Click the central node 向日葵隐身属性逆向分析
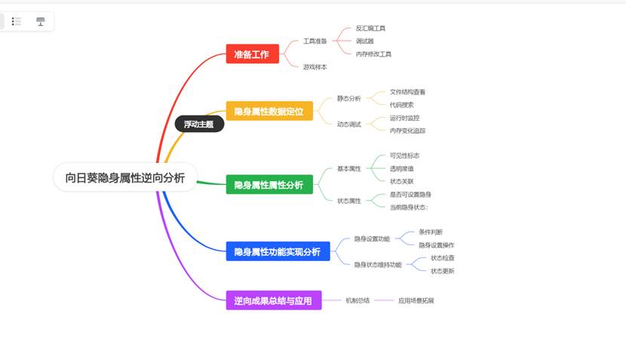point(124,177)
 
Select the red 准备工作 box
point(252,54)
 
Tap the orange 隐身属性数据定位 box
point(269,112)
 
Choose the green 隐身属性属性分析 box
point(269,184)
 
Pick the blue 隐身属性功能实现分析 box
point(277,251)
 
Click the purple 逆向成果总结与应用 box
point(273,300)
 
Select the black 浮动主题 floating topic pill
point(199,124)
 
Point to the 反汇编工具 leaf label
point(370,28)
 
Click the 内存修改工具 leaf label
point(373,54)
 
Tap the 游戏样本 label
point(315,67)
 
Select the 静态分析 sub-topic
point(348,98)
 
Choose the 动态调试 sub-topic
point(348,124)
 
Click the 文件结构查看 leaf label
point(407,91)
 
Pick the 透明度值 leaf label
point(401,168)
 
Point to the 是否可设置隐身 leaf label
point(410,194)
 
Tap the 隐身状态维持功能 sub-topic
point(378,264)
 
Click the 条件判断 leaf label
point(430,232)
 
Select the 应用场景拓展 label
point(416,300)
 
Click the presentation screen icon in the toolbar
point(40,21)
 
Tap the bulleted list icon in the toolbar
point(17,21)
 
